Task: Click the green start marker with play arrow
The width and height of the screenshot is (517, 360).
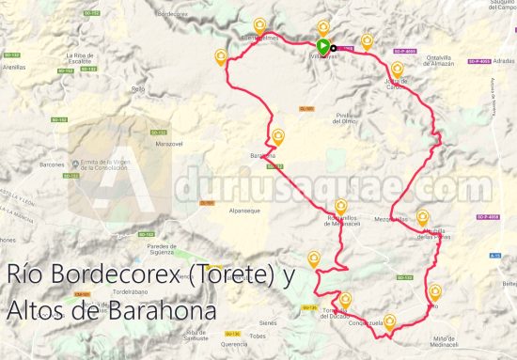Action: (x=322, y=46)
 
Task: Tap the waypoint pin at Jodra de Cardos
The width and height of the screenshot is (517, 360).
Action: (x=399, y=69)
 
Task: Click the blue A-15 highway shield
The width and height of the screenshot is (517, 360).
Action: (x=496, y=255)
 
